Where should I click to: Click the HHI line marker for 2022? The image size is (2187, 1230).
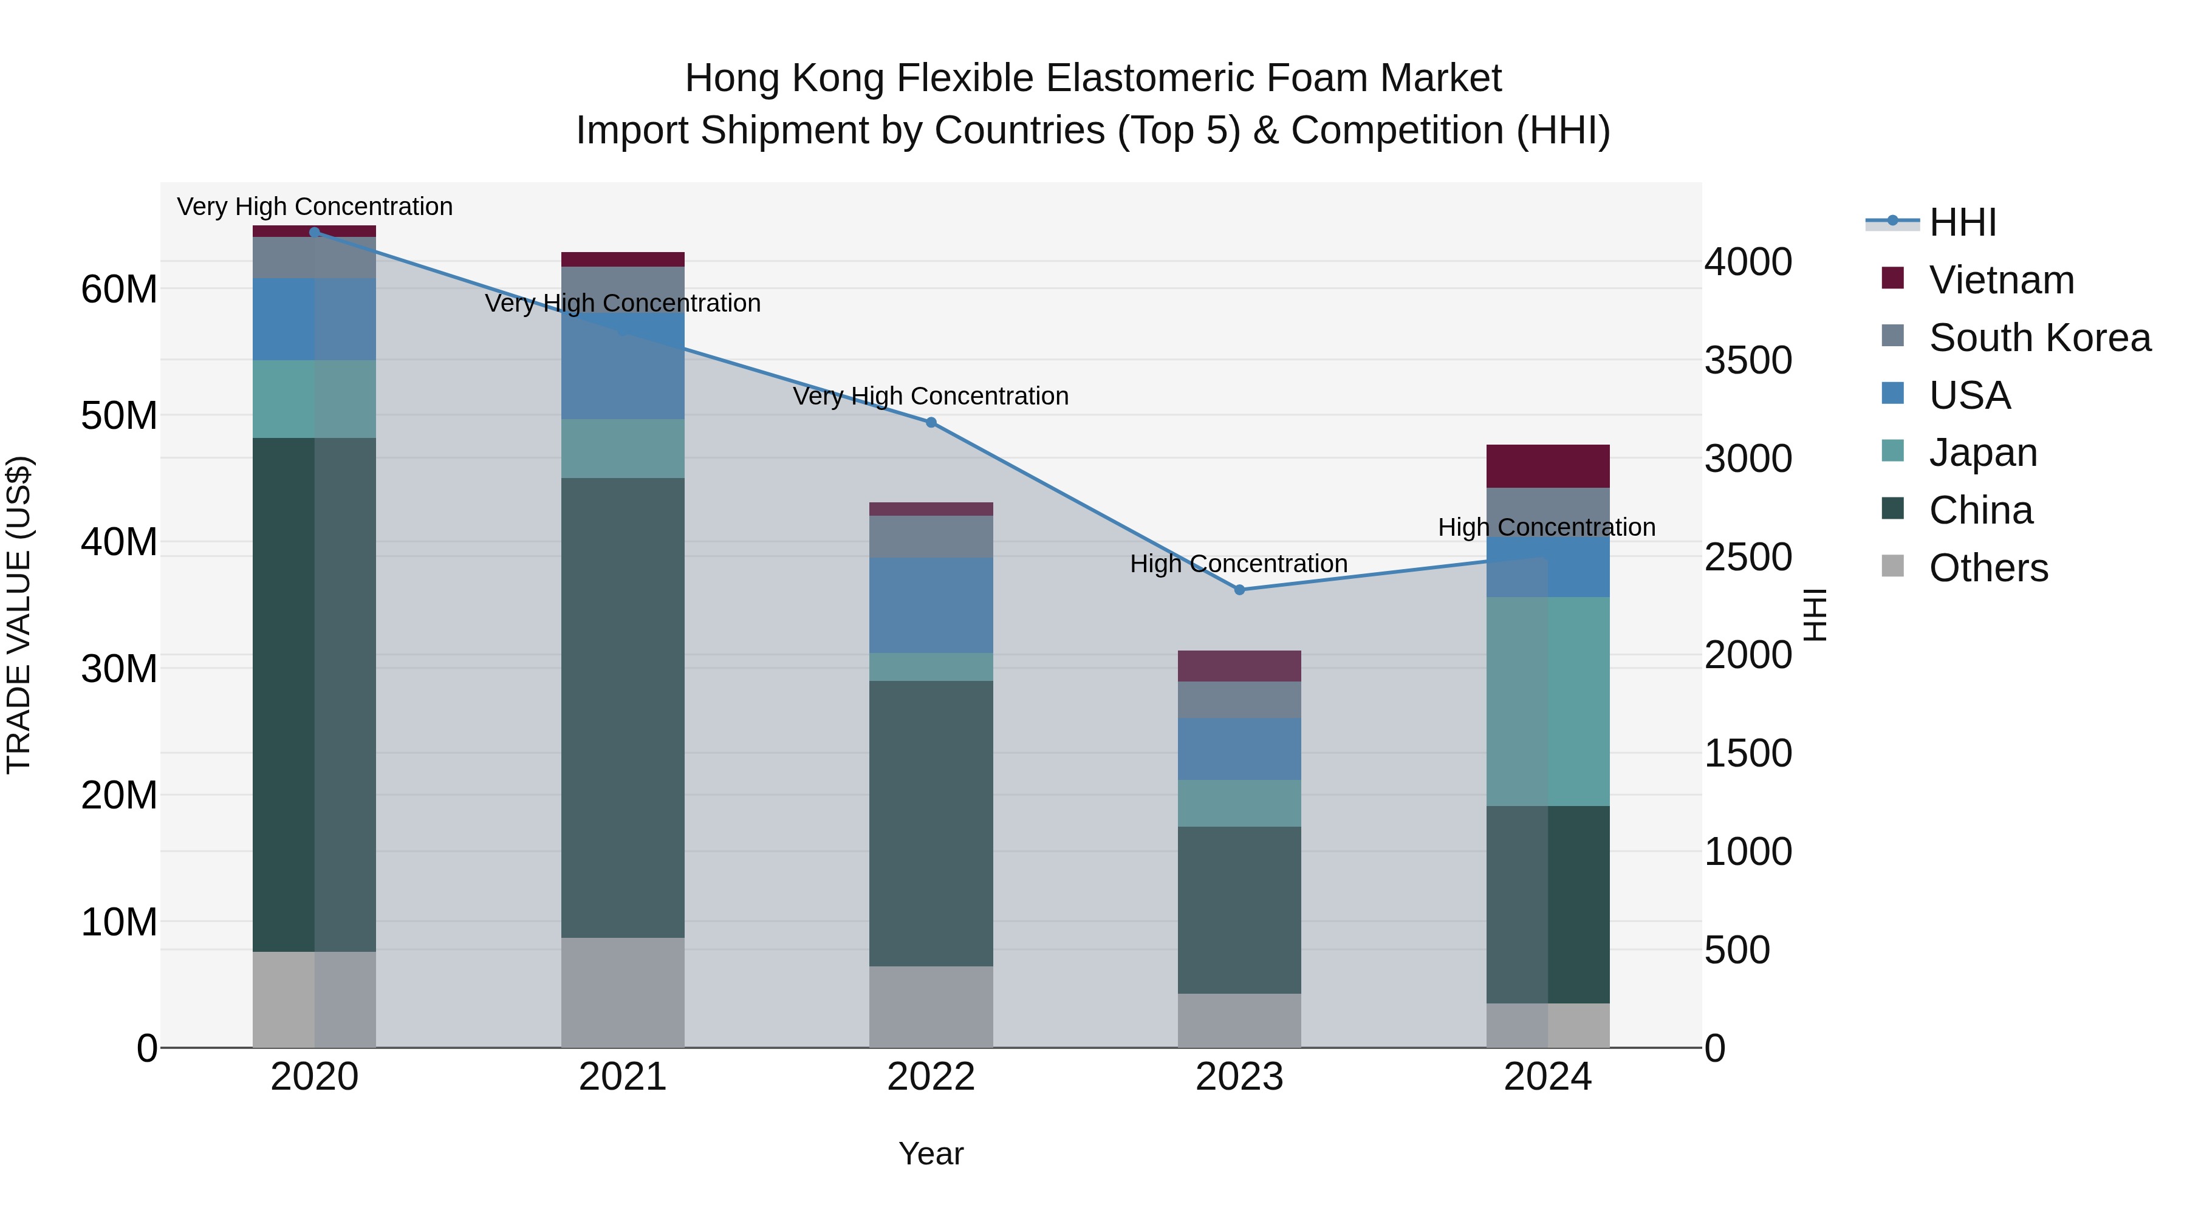coord(931,423)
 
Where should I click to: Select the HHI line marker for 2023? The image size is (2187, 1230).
coord(1239,590)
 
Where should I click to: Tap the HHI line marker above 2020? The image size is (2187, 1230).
coord(314,233)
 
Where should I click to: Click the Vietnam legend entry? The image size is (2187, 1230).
coord(2001,280)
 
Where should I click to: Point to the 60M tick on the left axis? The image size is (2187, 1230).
coord(119,290)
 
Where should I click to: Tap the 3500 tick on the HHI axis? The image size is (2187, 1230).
coord(1748,361)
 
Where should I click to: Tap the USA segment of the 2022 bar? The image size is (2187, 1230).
coord(931,605)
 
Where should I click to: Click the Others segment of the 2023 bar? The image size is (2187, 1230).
coord(1239,1020)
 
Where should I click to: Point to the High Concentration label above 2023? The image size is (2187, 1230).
coord(1238,564)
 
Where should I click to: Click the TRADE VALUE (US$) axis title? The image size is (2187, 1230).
coord(19,615)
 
